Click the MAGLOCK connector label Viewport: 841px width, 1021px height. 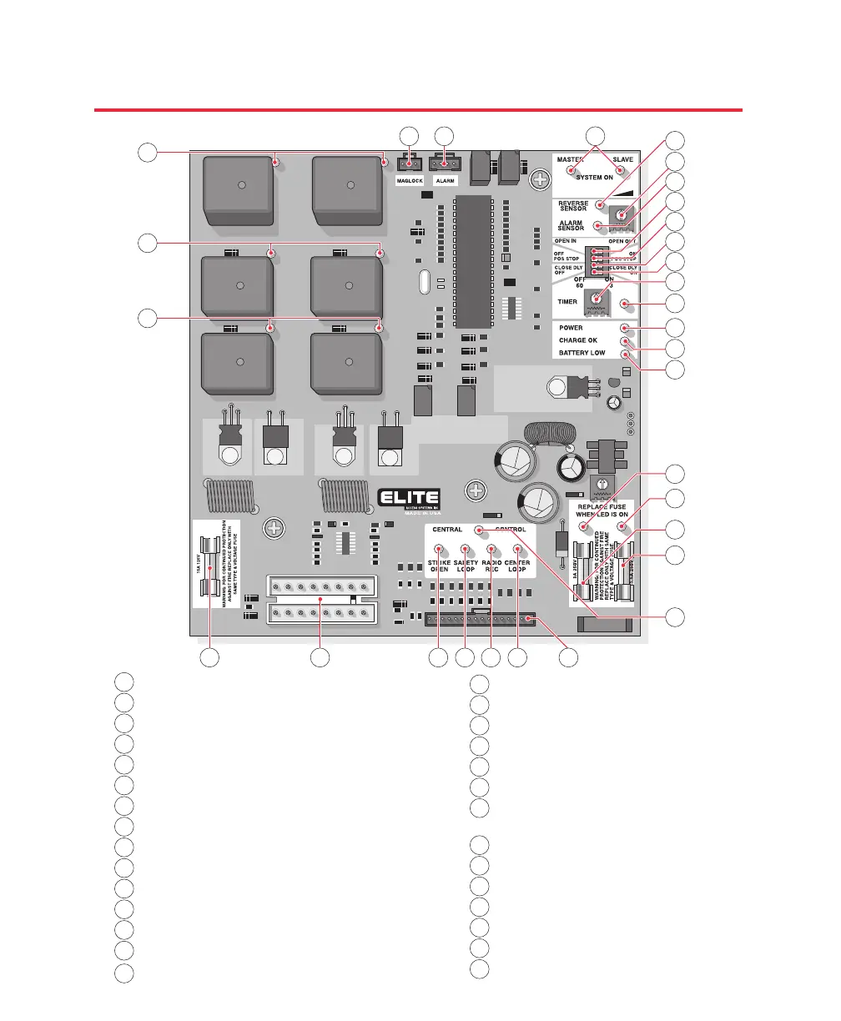[x=410, y=181]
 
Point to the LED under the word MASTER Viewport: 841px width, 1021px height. [x=572, y=171]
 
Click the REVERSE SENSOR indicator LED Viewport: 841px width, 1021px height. [x=599, y=204]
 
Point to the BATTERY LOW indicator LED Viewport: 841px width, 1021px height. [x=623, y=354]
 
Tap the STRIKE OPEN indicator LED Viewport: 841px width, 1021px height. [x=439, y=549]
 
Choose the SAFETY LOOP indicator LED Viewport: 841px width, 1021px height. [x=466, y=549]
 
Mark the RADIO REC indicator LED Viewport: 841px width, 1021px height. [x=491, y=549]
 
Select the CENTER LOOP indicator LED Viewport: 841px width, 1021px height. [x=517, y=549]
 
